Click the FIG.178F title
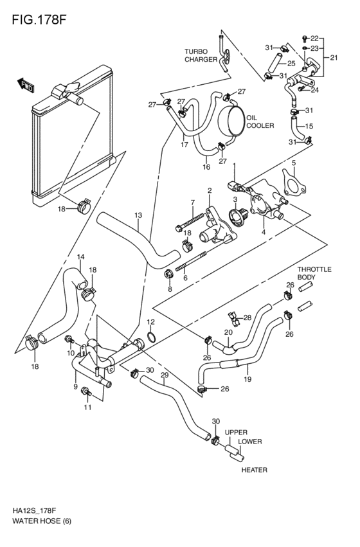point(39,19)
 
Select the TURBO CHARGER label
point(201,55)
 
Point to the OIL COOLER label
point(260,121)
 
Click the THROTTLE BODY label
point(314,273)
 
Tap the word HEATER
point(255,470)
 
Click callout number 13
point(138,215)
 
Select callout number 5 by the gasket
point(294,163)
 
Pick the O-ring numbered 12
point(152,337)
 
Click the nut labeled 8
point(168,274)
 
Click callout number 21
point(334,58)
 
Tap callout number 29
point(165,375)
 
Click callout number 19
point(248,379)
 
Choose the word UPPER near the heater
point(236,432)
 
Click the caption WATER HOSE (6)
point(42,521)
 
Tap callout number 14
point(80,256)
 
